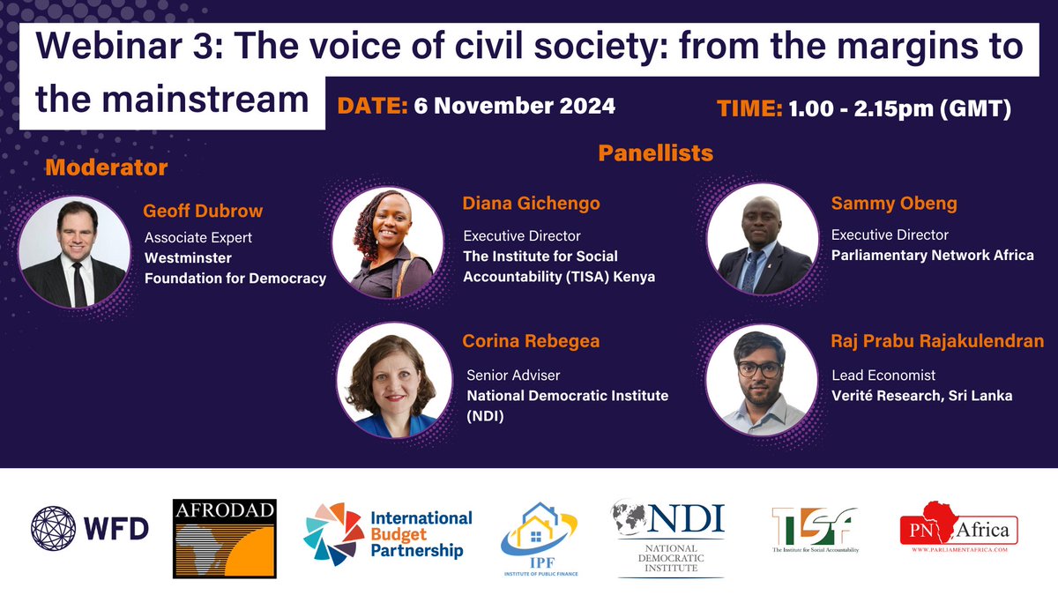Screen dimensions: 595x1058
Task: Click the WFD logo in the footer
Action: point(90,529)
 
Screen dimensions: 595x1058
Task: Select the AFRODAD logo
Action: point(225,538)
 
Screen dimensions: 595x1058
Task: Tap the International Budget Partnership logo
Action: point(388,533)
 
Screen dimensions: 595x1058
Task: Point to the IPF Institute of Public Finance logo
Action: point(540,538)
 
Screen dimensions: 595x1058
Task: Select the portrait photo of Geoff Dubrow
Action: point(73,252)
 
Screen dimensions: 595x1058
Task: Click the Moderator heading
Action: point(106,167)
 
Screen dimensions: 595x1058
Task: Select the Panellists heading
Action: point(655,153)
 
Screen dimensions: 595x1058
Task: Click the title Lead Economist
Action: point(883,375)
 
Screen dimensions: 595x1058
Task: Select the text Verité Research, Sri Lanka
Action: point(921,396)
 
